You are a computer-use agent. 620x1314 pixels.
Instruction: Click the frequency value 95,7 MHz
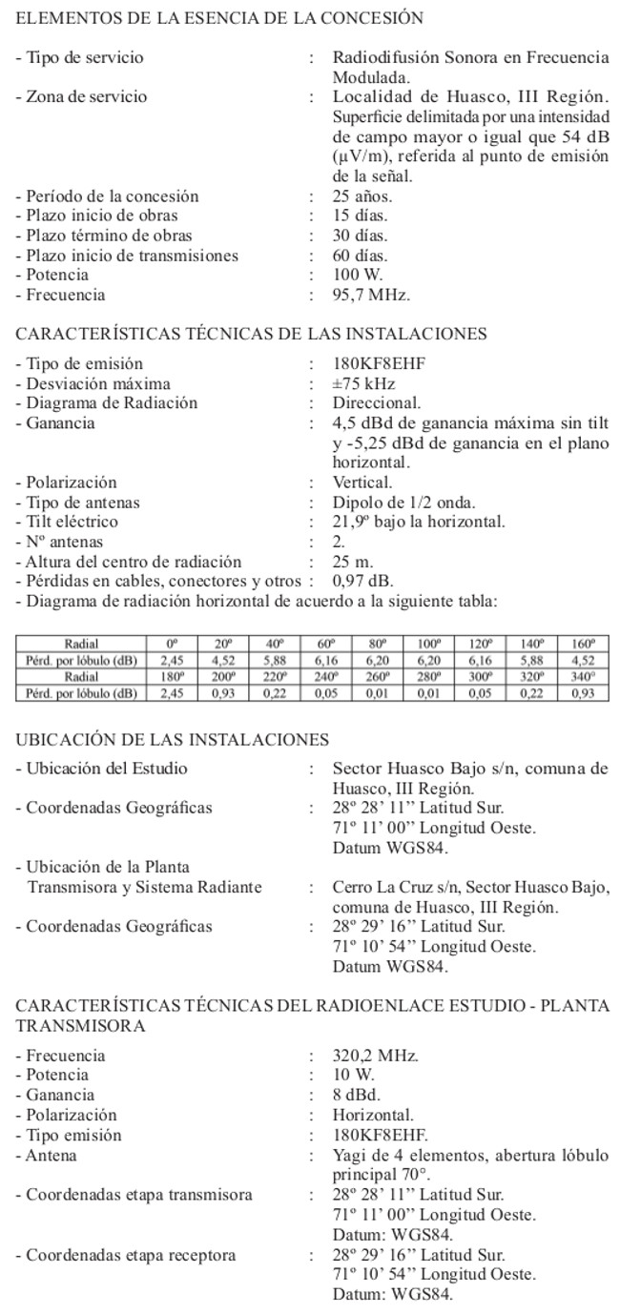[371, 296]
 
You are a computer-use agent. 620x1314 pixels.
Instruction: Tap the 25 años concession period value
[362, 196]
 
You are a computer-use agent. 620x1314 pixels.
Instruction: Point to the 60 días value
[360, 256]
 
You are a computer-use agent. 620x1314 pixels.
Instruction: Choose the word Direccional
[377, 403]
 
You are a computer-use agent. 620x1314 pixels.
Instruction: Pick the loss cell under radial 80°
[378, 658]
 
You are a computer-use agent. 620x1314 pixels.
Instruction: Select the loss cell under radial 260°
[378, 692]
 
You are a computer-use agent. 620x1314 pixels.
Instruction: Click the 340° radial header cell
[583, 675]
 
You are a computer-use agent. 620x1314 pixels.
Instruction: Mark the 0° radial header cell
[172, 643]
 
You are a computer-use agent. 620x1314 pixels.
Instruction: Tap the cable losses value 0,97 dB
[362, 581]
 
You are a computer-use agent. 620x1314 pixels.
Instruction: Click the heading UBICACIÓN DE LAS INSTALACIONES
[173, 740]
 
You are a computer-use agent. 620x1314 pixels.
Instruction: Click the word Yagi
[348, 1156]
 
